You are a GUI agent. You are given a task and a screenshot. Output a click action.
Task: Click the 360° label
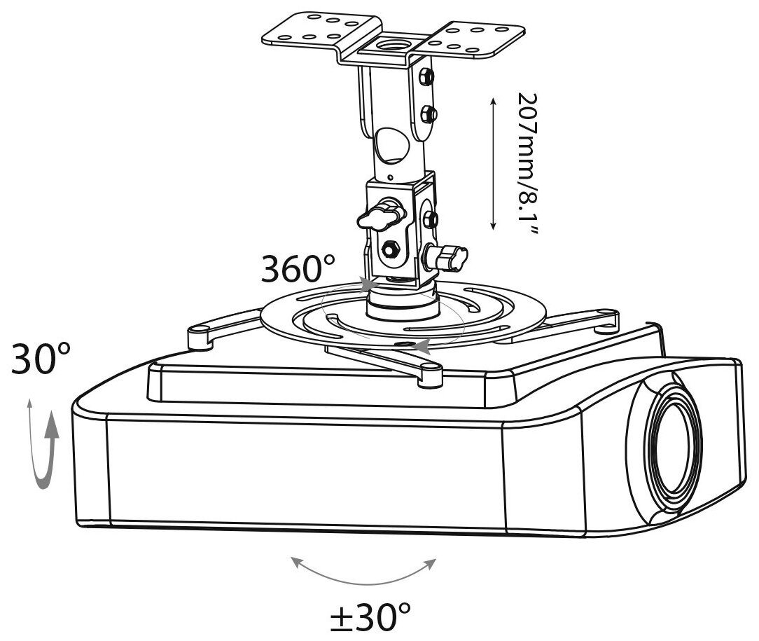[x=298, y=268]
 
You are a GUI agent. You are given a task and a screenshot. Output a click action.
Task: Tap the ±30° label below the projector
[x=370, y=618]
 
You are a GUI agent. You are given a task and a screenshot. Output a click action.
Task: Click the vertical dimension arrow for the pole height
[x=494, y=164]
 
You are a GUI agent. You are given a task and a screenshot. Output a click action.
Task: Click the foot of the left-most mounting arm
[x=202, y=338]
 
